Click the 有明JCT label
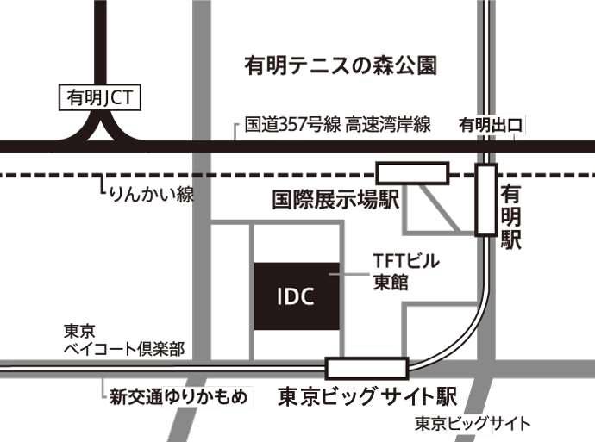tap(97, 98)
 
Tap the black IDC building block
tap(296, 297)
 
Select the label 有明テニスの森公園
tap(340, 65)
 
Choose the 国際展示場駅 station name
tap(335, 201)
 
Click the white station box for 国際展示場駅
tap(412, 173)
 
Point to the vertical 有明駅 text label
tap(511, 215)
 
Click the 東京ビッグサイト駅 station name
tap(366, 397)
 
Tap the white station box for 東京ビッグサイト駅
tap(367, 368)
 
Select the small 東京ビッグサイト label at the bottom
tap(472, 424)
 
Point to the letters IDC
tap(295, 297)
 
